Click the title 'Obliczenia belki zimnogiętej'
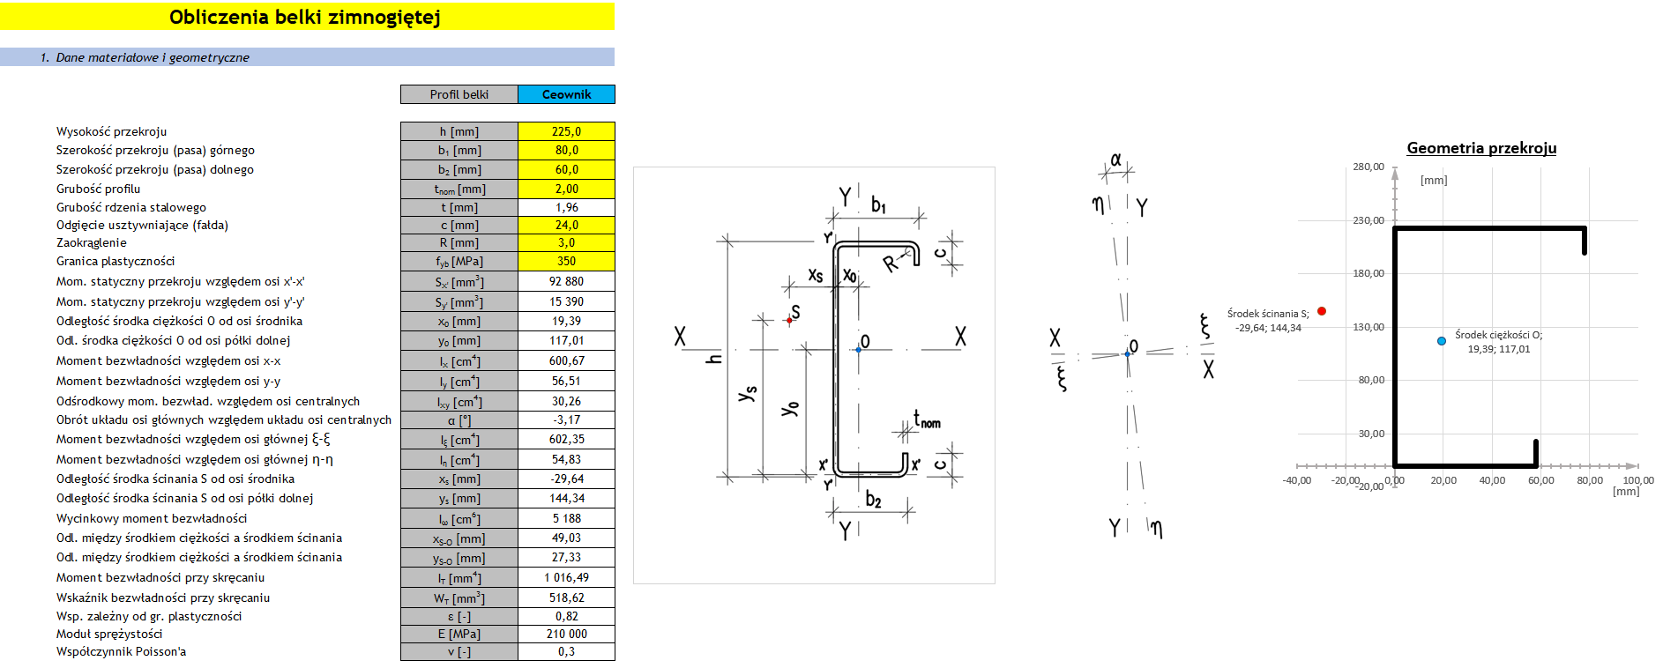click(x=305, y=17)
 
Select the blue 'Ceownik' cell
click(x=566, y=94)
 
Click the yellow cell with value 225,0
click(x=566, y=131)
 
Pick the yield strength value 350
click(x=566, y=261)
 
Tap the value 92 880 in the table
click(x=566, y=281)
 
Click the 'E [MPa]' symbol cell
click(x=459, y=634)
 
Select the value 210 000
click(x=566, y=634)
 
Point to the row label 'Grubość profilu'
click(x=98, y=189)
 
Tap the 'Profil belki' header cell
click(x=459, y=94)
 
